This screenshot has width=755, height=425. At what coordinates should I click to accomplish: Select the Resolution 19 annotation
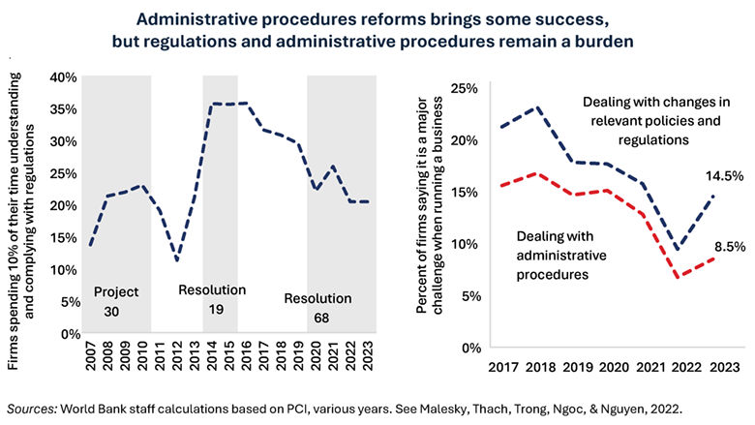(x=212, y=299)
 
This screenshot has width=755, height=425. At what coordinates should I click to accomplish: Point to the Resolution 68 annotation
(x=318, y=307)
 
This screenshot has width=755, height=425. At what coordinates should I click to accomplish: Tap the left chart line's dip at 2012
(x=176, y=260)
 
